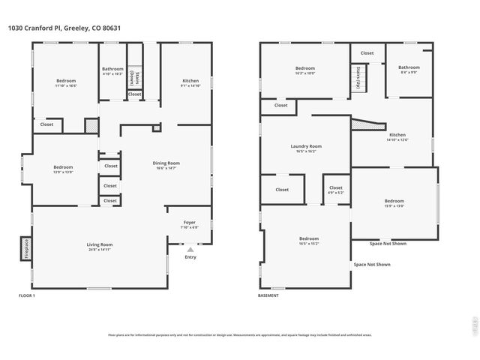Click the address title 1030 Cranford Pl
click(63, 28)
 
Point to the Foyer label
click(190, 223)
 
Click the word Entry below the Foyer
click(190, 257)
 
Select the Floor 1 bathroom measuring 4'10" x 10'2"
click(112, 71)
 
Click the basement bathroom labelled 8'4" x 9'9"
click(409, 70)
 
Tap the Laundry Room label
click(305, 148)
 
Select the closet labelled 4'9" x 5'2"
click(335, 190)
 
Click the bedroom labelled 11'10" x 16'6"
click(66, 82)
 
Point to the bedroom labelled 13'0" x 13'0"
click(63, 169)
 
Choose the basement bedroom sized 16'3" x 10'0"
click(304, 70)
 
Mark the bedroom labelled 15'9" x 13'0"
click(394, 202)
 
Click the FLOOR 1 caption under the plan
click(26, 295)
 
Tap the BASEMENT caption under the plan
click(268, 295)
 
